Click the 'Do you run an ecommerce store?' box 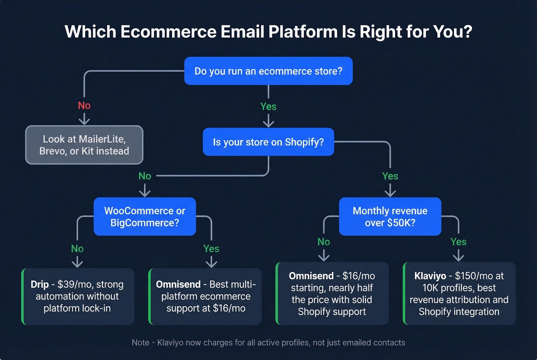click(x=268, y=71)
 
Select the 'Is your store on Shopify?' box click(x=268, y=142)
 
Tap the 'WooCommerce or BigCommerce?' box click(x=145, y=217)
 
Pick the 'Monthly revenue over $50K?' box click(x=390, y=217)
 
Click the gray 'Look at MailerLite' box click(x=84, y=145)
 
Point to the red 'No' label click(x=84, y=105)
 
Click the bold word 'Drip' click(x=40, y=284)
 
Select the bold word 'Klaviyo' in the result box click(x=430, y=276)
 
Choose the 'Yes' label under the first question click(x=268, y=107)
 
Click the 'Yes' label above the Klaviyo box click(x=458, y=242)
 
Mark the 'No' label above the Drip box click(x=77, y=249)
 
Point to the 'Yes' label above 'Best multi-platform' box click(x=211, y=249)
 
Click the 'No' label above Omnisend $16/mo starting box click(x=323, y=242)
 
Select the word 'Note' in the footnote click(x=140, y=342)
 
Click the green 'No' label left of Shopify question click(x=145, y=176)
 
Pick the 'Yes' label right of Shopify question click(x=390, y=176)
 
